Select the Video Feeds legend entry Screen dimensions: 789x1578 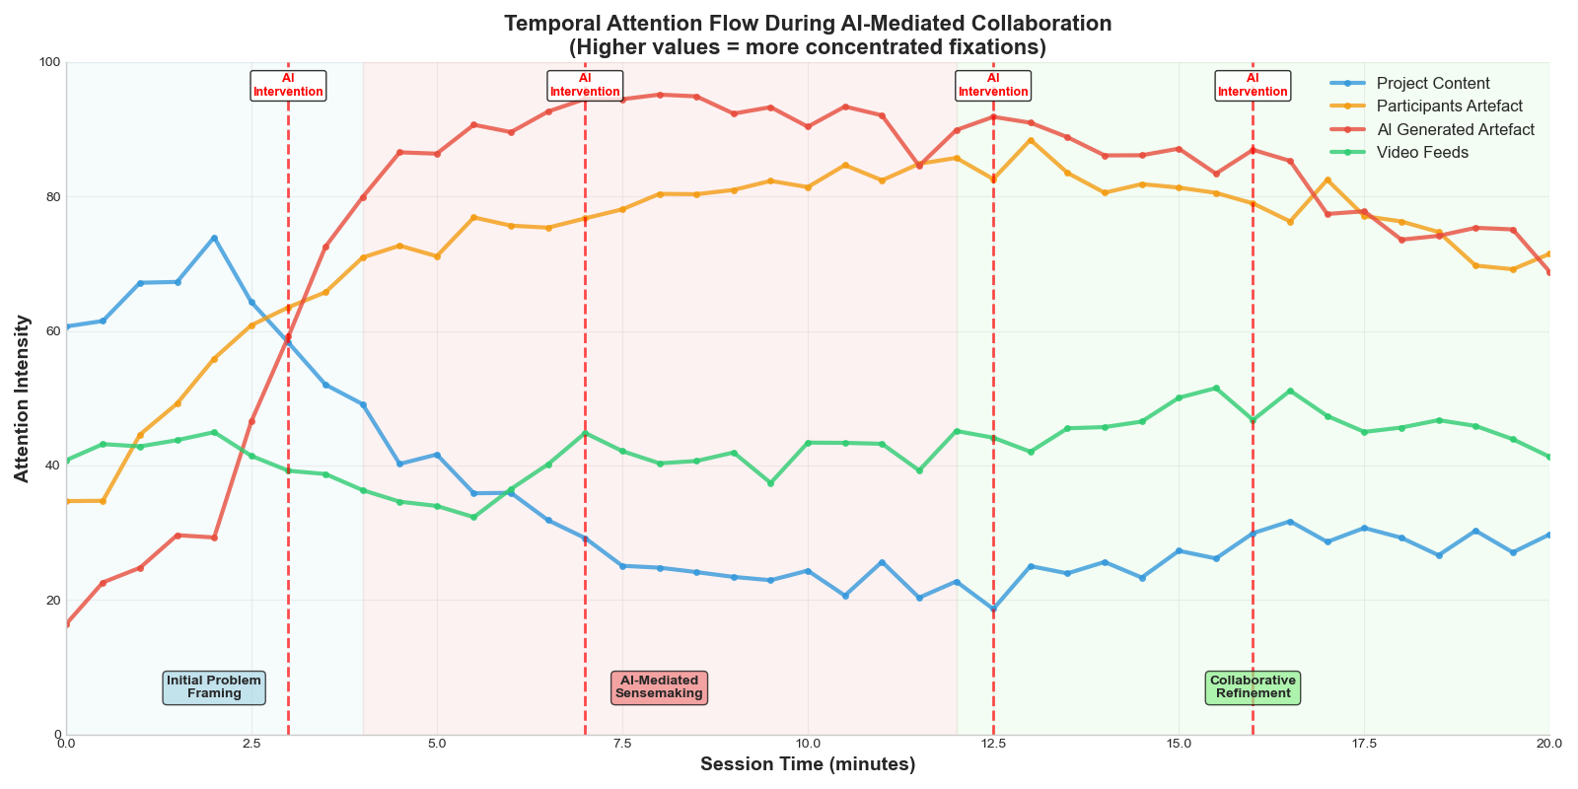(x=1422, y=153)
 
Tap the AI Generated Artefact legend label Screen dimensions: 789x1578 (x=1455, y=130)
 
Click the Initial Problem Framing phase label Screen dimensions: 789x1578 (x=214, y=687)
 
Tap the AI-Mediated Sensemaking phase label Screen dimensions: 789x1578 (x=659, y=687)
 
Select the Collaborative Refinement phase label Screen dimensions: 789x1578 (x=1253, y=687)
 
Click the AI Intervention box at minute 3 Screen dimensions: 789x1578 (x=288, y=86)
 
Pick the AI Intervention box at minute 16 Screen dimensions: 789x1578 (x=1253, y=86)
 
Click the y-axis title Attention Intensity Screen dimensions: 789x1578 (x=22, y=398)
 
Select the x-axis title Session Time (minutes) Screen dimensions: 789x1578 (x=808, y=765)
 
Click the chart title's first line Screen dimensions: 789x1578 (x=808, y=24)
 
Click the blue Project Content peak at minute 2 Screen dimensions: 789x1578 (x=214, y=238)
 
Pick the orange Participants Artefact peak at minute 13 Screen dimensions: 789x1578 (x=1031, y=140)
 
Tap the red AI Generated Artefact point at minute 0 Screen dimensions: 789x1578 (x=67, y=623)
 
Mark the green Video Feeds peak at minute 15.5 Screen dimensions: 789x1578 (x=1216, y=388)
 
